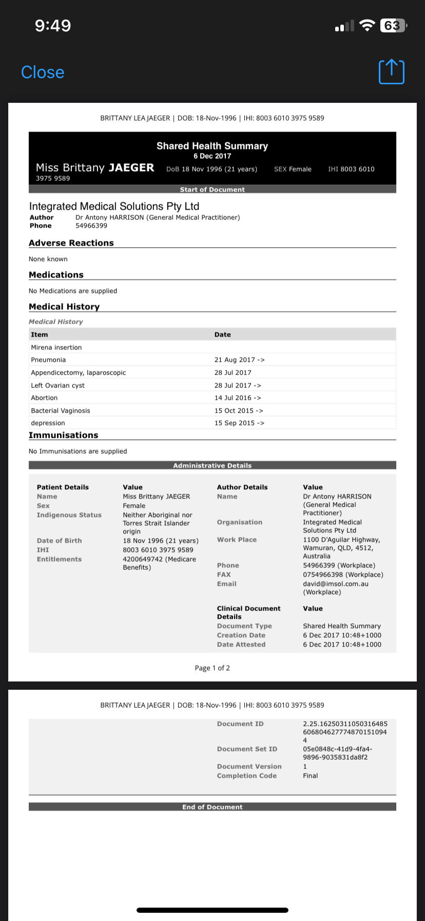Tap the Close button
pyautogui.click(x=43, y=72)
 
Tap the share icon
pyautogui.click(x=391, y=72)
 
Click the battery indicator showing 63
pyautogui.click(x=393, y=26)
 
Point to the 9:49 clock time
pyautogui.click(x=53, y=26)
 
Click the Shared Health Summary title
pyautogui.click(x=212, y=146)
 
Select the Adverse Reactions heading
pyautogui.click(x=71, y=243)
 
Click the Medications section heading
pyautogui.click(x=56, y=275)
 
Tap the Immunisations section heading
pyautogui.click(x=63, y=435)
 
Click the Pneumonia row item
pyautogui.click(x=48, y=360)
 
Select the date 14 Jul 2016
pyautogui.click(x=233, y=398)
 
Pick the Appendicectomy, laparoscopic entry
pyautogui.click(x=78, y=373)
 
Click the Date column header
pyautogui.click(x=223, y=335)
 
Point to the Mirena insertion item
pyautogui.click(x=56, y=347)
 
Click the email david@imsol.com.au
pyautogui.click(x=336, y=584)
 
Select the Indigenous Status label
pyautogui.click(x=69, y=515)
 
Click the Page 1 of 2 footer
pyautogui.click(x=212, y=668)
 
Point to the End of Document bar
pyautogui.click(x=212, y=807)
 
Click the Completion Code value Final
pyautogui.click(x=311, y=776)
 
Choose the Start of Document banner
pyautogui.click(x=212, y=190)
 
